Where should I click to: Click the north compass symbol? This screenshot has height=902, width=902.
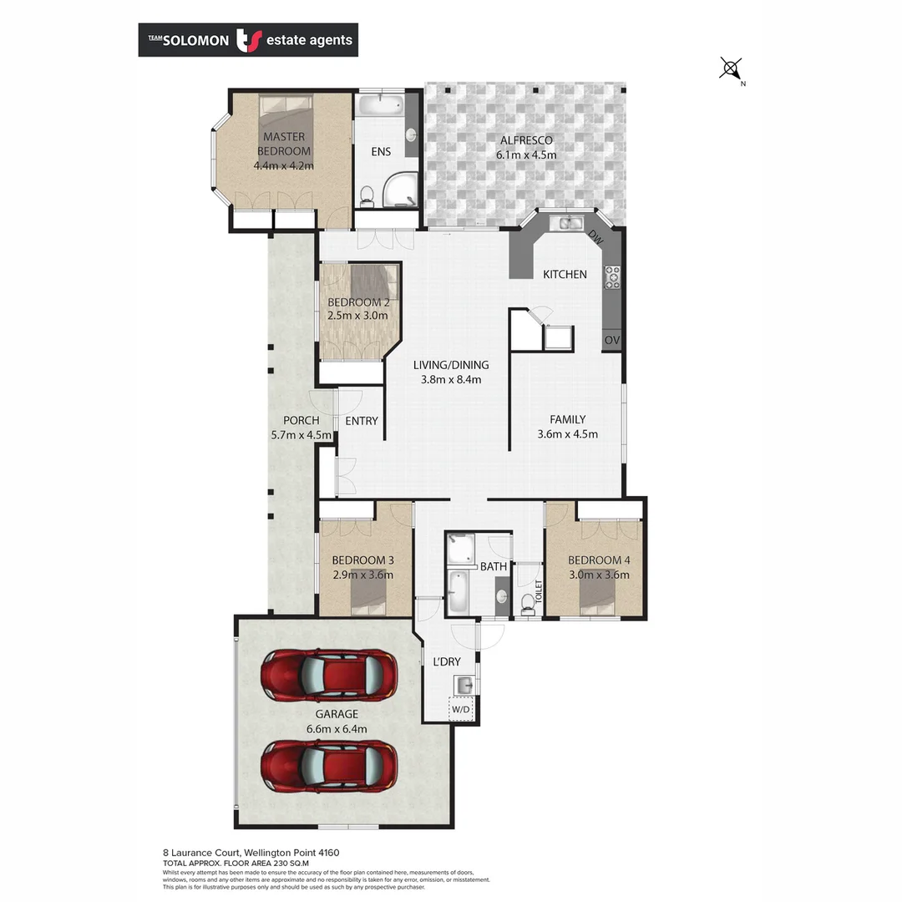[x=731, y=69]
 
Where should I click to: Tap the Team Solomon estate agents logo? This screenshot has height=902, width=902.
[x=248, y=39]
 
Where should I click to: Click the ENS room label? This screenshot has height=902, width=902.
[x=381, y=152]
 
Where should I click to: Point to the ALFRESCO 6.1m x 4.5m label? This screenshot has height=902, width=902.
[x=525, y=147]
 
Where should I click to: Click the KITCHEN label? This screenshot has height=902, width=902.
[x=565, y=274]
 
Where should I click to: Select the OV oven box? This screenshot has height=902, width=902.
[x=611, y=340]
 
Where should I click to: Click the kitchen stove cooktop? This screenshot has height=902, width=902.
[x=612, y=276]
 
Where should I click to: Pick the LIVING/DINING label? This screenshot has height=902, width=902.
[x=451, y=372]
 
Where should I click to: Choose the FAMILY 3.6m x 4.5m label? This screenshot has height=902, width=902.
[x=567, y=426]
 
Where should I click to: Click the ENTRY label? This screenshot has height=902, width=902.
[x=361, y=421]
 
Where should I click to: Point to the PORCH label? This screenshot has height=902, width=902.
[x=301, y=427]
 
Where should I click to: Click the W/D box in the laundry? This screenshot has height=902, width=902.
[x=460, y=709]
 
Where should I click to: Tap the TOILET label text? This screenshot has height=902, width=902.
[x=540, y=590]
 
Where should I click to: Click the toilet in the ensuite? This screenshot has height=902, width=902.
[x=366, y=195]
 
